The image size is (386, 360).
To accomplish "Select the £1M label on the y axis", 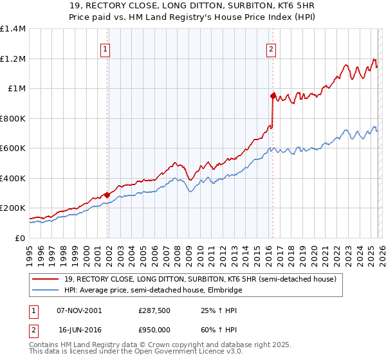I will coord(16,89).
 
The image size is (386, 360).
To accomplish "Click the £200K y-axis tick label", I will coord(13,208).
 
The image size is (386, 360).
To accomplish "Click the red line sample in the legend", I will coord(46,279).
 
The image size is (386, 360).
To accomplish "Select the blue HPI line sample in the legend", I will coord(46,290).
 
